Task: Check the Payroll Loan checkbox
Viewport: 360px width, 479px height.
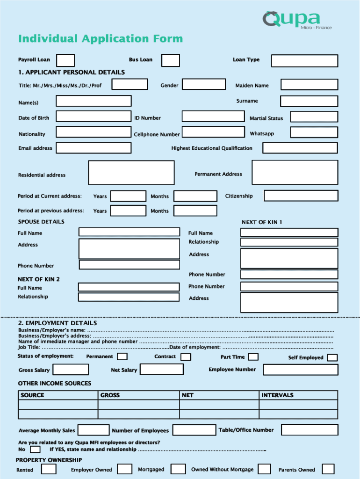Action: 65,60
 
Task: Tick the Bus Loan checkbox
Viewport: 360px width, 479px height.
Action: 171,60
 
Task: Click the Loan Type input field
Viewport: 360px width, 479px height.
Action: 304,61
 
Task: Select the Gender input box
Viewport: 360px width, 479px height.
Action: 204,84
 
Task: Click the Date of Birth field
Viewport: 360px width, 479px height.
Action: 94,116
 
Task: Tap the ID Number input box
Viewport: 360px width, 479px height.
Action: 213,116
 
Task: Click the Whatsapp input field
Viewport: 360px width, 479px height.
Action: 314,132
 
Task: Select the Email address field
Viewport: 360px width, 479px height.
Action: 94,148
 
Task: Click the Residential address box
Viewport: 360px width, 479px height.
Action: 131,173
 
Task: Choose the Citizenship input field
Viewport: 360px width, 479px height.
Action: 301,196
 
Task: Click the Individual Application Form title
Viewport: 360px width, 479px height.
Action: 101,39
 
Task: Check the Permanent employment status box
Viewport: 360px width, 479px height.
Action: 122,357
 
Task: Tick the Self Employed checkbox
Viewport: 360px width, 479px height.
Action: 332,358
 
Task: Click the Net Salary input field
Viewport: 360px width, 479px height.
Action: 161,369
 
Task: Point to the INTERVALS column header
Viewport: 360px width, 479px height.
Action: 277,395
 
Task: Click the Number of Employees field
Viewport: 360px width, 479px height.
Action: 194,430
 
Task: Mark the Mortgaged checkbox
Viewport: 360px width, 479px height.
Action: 178,469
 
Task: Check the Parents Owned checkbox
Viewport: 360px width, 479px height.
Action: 328,469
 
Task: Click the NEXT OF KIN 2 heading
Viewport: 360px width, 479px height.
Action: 39,279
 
